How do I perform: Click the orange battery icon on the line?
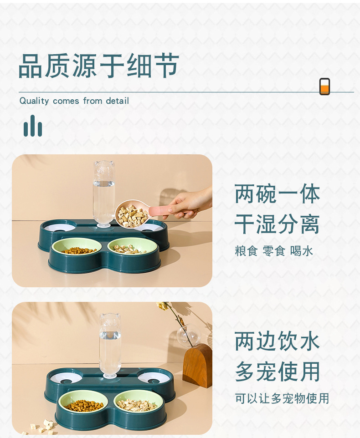point(324,87)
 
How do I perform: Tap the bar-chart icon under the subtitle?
point(33,126)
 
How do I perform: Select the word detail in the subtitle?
point(117,101)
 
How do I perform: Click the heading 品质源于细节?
point(98,66)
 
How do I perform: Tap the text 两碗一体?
point(277,194)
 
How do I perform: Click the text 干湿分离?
point(277,224)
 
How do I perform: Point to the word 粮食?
point(246,251)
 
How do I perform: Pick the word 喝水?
point(301,251)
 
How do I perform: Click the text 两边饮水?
point(277,341)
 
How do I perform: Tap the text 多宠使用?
point(277,372)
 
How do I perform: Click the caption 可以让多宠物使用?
point(282,398)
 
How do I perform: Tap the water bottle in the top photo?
point(104,194)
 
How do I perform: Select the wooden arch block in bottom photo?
point(197,366)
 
